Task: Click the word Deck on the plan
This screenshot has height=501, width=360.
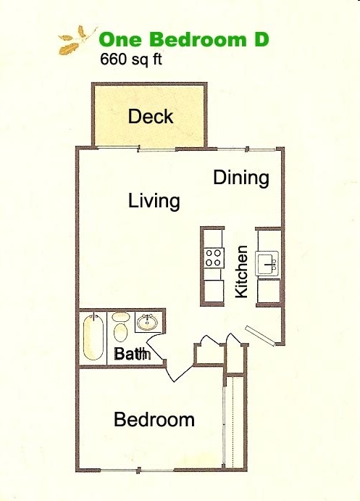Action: [x=151, y=116]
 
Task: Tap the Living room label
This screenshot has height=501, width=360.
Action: [x=154, y=200]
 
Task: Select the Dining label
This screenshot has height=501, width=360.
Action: [x=241, y=178]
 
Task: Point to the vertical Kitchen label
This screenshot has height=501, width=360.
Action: [x=242, y=272]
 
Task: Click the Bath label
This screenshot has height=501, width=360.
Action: [x=132, y=355]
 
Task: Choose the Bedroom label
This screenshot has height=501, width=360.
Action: [x=154, y=419]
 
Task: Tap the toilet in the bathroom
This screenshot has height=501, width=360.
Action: [x=120, y=328]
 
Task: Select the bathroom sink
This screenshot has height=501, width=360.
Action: [x=148, y=322]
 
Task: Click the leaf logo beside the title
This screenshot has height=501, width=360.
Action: [x=76, y=40]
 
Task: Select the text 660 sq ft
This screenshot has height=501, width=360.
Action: [x=130, y=59]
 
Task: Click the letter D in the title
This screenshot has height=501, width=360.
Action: [x=261, y=39]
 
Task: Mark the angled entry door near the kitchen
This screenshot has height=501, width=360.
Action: [x=260, y=336]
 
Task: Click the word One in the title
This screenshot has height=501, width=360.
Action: [x=117, y=39]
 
